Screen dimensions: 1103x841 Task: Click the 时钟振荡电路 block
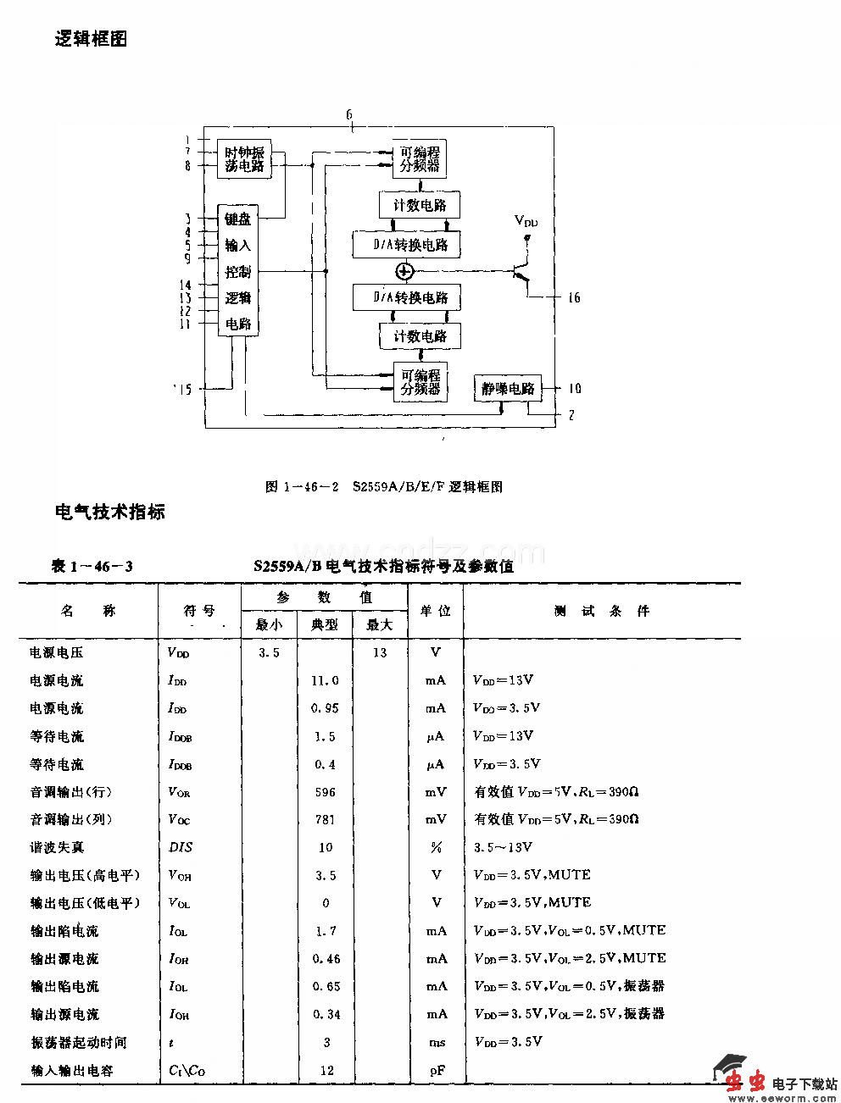pyautogui.click(x=245, y=159)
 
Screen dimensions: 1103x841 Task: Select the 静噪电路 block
pyautogui.click(x=508, y=389)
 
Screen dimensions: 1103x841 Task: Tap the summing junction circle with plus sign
pyautogui.click(x=404, y=272)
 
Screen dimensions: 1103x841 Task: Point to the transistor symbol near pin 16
pyautogui.click(x=521, y=273)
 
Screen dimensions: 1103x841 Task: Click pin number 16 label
pyautogui.click(x=574, y=298)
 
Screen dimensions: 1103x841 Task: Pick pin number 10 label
pyautogui.click(x=574, y=389)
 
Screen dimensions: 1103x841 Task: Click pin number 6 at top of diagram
pyautogui.click(x=349, y=114)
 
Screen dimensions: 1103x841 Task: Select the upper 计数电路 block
pyautogui.click(x=420, y=205)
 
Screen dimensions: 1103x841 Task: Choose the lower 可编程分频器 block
pyautogui.click(x=420, y=382)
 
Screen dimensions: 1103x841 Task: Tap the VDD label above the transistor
pyautogui.click(x=526, y=221)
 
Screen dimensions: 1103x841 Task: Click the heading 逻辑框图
pyautogui.click(x=91, y=39)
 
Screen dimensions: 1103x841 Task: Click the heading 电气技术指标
pyautogui.click(x=109, y=512)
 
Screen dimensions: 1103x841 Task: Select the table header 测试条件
pyautogui.click(x=602, y=611)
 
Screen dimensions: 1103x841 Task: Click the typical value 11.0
pyautogui.click(x=325, y=680)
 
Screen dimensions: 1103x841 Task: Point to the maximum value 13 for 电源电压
pyautogui.click(x=379, y=652)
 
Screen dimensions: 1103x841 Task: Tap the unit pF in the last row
pyautogui.click(x=437, y=1070)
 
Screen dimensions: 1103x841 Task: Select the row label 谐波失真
pyautogui.click(x=57, y=847)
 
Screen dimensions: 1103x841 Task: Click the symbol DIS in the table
pyautogui.click(x=181, y=847)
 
